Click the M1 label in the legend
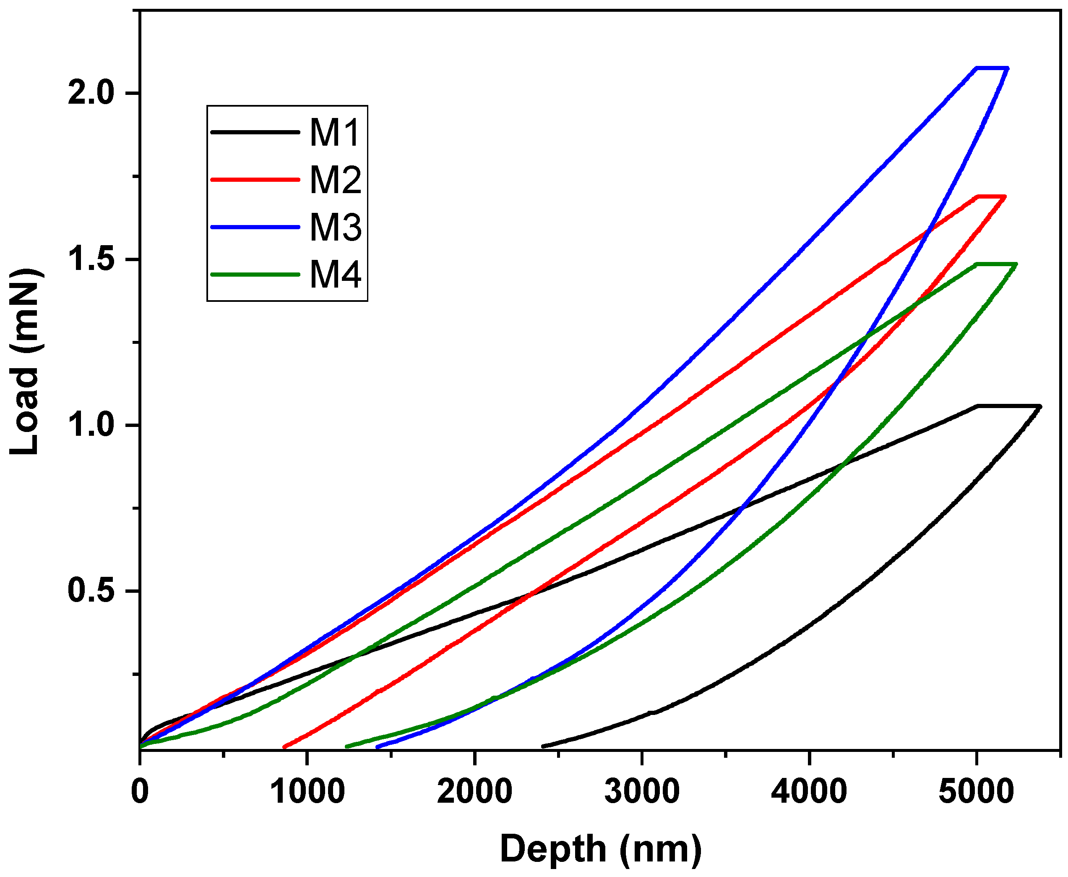(x=335, y=132)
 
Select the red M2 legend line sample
(x=255, y=179)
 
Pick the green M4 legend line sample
(x=255, y=274)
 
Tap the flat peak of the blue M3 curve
(x=992, y=68)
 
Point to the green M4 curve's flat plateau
(x=996, y=264)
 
